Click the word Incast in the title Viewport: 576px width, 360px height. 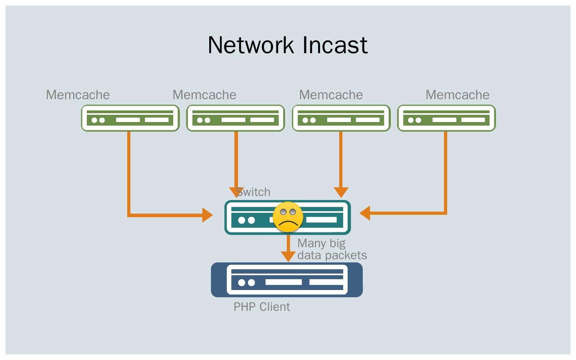tap(335, 45)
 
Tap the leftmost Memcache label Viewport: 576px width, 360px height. tap(78, 95)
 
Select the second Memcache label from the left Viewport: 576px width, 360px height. tap(204, 95)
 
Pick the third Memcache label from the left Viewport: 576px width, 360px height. tap(331, 95)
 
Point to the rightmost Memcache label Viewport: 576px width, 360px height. tap(457, 95)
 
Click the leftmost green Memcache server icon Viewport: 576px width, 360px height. tap(130, 118)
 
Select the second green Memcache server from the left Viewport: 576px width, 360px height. tap(236, 118)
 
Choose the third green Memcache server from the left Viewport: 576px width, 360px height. tap(341, 118)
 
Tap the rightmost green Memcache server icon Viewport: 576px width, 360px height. tap(446, 118)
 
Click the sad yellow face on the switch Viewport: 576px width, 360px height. tap(288, 217)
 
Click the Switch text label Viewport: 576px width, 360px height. tap(254, 192)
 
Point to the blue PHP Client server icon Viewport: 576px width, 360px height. tap(287, 280)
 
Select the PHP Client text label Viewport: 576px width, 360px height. tap(262, 307)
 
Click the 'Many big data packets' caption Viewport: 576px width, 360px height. tap(332, 249)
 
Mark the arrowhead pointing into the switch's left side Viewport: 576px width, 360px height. tap(208, 215)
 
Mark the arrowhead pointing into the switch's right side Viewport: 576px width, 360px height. tap(365, 213)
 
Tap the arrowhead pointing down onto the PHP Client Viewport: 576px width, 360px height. tap(288, 256)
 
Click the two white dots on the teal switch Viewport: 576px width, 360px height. tap(246, 220)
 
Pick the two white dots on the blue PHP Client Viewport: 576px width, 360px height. tap(246, 282)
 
